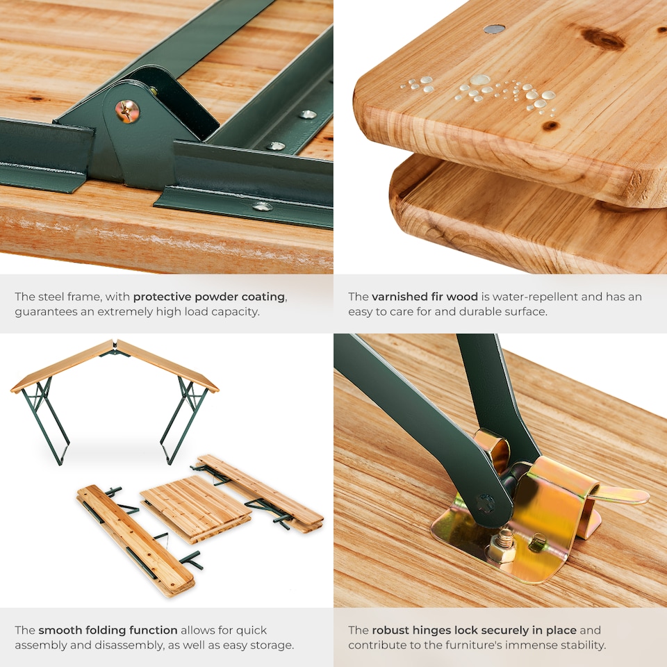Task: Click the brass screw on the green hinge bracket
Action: (127, 111)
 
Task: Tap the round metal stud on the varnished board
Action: (494, 29)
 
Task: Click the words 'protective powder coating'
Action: (208, 297)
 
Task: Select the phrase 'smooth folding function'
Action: (108, 630)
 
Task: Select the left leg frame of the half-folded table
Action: (44, 420)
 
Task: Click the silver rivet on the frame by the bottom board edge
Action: (262, 206)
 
